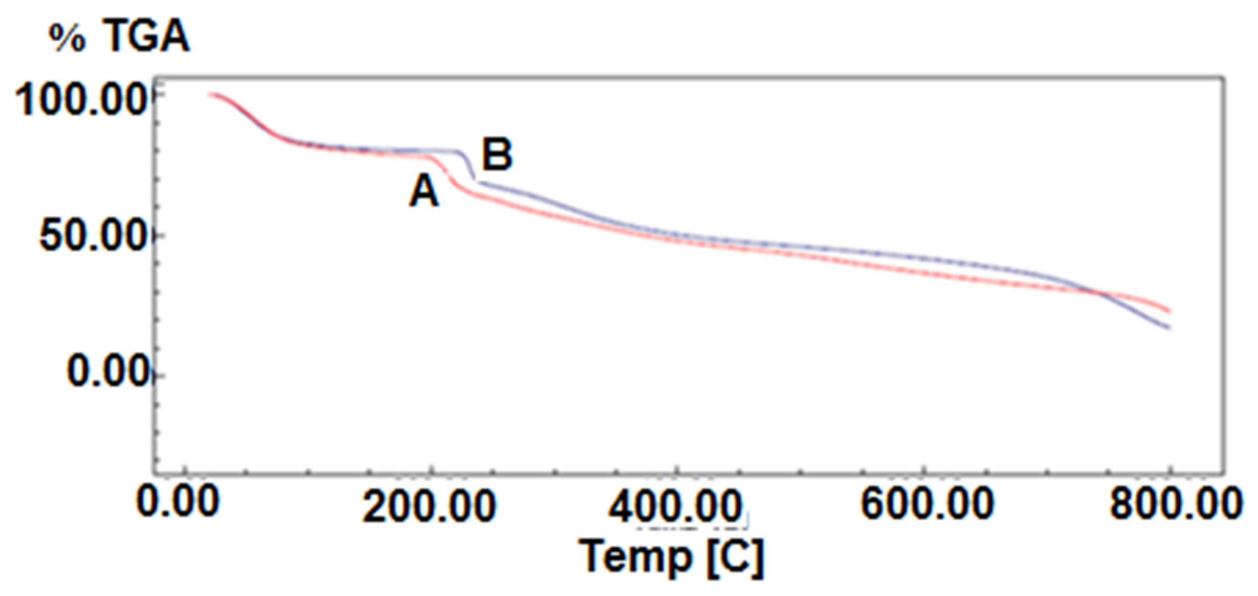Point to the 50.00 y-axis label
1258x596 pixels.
(93, 238)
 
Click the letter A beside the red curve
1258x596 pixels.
(424, 192)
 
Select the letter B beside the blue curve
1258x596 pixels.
(497, 155)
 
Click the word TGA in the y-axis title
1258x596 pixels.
(146, 38)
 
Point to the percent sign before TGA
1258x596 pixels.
(67, 39)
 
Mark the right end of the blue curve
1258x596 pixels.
(1169, 327)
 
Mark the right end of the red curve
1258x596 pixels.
(1169, 311)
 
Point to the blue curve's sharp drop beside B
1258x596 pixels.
(469, 169)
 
